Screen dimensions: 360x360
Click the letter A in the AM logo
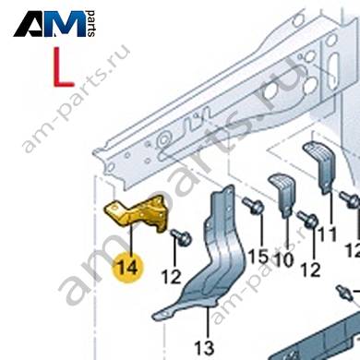pos(32,25)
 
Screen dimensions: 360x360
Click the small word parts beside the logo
pos(91,24)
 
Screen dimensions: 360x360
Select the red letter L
pos(63,66)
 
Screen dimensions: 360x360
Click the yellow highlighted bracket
pos(138,213)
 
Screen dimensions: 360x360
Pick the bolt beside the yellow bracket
pos(182,237)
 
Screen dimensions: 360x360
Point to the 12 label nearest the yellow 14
pos(172,277)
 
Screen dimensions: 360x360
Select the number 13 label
pos(204,348)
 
